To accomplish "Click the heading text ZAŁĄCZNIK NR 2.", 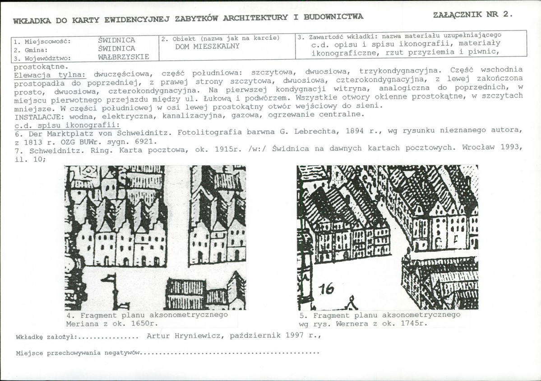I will [472, 14].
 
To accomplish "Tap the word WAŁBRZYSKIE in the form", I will [123, 57].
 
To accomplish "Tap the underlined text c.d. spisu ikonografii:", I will [67, 125].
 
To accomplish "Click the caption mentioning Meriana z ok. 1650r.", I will [147, 319].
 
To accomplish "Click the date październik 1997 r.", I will [276, 336].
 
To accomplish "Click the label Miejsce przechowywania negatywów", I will [76, 353].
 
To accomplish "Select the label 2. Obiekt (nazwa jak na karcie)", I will [221, 38].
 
